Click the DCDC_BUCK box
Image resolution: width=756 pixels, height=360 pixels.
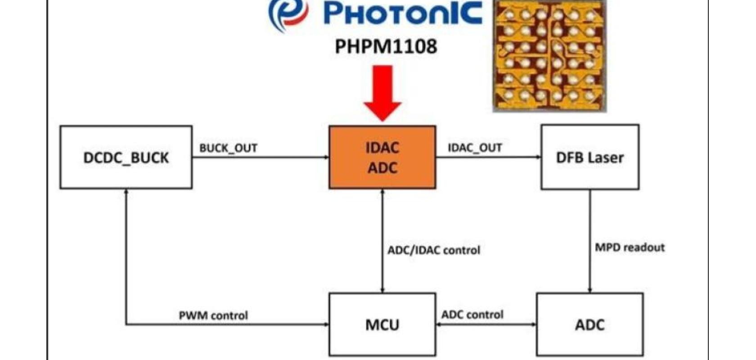click(x=126, y=157)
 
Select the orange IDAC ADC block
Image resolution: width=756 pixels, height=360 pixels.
click(x=382, y=157)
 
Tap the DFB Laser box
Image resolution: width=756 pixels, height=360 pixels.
click(x=589, y=157)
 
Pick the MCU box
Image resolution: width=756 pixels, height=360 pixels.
click(x=382, y=324)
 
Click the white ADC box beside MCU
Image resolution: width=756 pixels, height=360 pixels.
click(x=589, y=324)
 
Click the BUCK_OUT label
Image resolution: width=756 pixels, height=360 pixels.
click(x=228, y=148)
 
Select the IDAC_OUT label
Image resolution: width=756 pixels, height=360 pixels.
click(x=475, y=148)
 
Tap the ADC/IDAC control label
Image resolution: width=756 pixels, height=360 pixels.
click(x=434, y=250)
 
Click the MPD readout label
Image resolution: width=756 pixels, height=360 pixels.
click(x=630, y=247)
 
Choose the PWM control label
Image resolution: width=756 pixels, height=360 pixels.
click(x=213, y=315)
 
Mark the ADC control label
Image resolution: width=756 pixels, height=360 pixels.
click(x=472, y=315)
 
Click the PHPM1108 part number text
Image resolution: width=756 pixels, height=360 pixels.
click(x=386, y=46)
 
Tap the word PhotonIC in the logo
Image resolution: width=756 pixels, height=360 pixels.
click(x=402, y=13)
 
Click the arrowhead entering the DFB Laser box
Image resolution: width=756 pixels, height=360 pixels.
click(x=538, y=157)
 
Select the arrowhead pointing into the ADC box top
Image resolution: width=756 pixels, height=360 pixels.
click(x=590, y=290)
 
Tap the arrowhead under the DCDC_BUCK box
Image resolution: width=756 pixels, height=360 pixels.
click(x=126, y=192)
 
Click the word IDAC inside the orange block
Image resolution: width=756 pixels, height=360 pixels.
click(x=382, y=148)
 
